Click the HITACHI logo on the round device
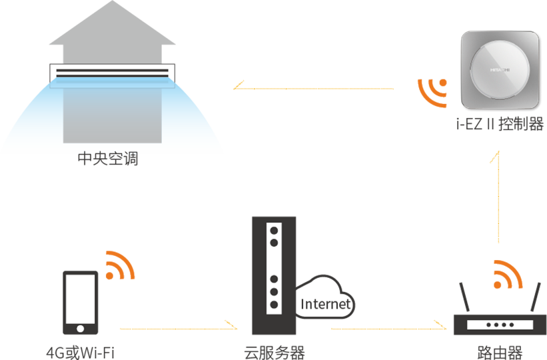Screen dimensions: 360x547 tap(500, 69)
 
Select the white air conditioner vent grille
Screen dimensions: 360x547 tap(111, 73)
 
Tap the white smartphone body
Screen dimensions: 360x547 tap(80, 299)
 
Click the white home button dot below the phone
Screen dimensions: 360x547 tap(81, 329)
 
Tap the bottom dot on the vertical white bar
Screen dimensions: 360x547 tap(273, 305)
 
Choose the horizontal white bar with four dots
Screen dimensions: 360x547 tap(500, 325)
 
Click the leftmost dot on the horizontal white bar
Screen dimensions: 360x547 tap(488, 325)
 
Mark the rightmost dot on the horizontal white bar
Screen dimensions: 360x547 tap(512, 325)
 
